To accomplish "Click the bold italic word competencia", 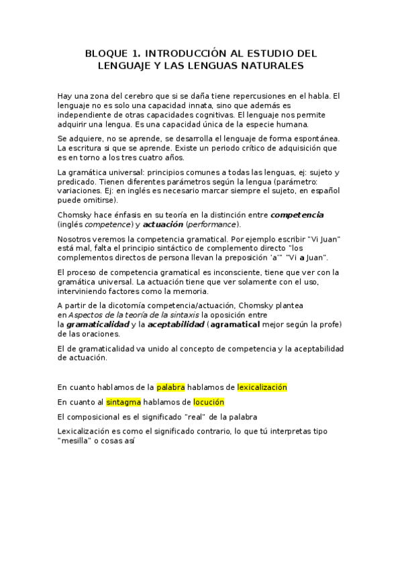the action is [297, 215].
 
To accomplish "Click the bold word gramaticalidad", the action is [97, 324].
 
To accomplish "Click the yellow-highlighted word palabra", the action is [170, 387].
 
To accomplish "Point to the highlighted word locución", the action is [209, 402].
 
